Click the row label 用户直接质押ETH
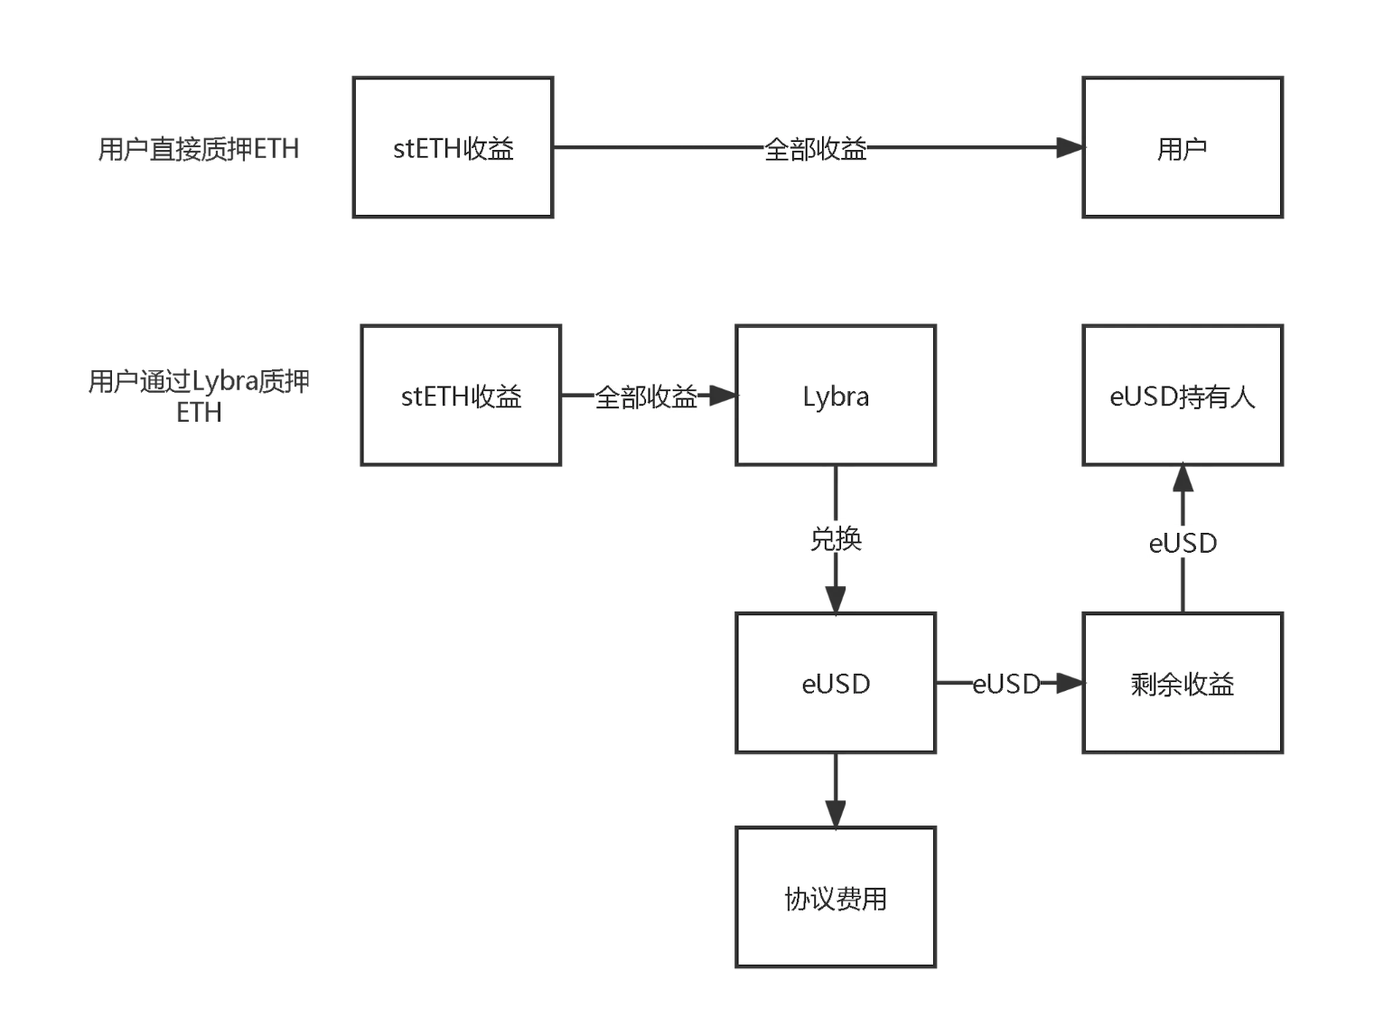198,149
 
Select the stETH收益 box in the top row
453,147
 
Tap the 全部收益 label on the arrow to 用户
815,149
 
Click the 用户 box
1182,147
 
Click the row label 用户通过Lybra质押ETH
198,397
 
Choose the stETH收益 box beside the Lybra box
461,396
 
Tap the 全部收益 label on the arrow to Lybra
645,397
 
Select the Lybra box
835,396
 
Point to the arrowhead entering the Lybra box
723,396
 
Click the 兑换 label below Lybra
836,539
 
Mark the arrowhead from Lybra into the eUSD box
836,600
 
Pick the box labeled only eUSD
835,683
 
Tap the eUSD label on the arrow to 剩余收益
1006,684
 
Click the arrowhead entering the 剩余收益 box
1070,683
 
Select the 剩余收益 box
1182,683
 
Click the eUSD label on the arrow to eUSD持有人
1183,543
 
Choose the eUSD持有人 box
1182,396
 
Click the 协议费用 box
835,897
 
